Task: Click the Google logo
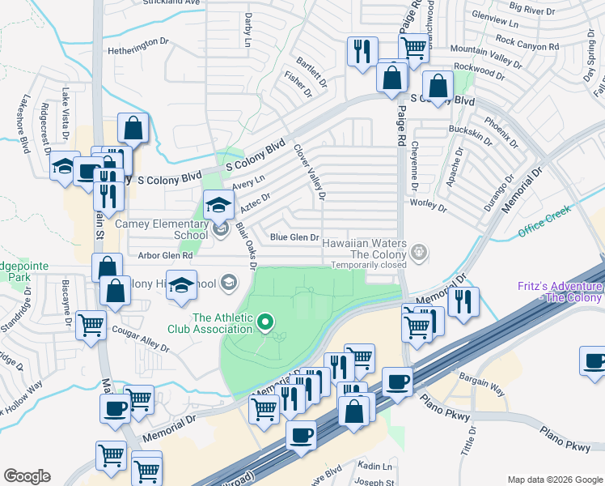[27, 476]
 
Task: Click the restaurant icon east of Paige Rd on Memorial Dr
[463, 303]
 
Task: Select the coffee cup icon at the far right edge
[595, 362]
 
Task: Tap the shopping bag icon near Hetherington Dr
[133, 128]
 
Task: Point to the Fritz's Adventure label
[561, 292]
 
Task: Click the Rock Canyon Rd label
[527, 43]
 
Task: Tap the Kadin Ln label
[375, 467]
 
